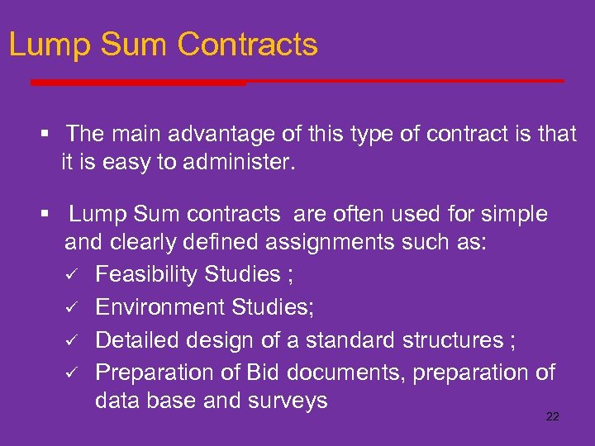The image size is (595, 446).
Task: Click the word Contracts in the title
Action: [x=247, y=45]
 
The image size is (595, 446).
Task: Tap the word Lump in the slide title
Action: [x=45, y=45]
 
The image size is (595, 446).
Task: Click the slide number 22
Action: [x=553, y=416]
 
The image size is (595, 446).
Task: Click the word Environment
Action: [x=155, y=306]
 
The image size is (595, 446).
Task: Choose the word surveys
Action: [x=289, y=401]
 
